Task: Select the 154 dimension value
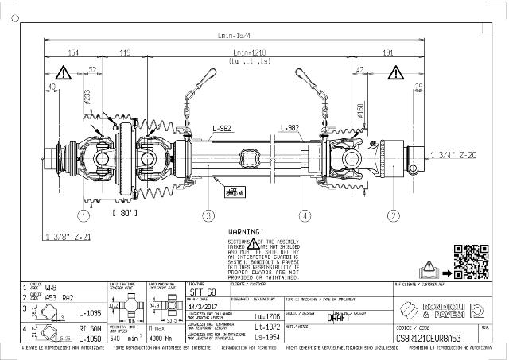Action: coord(73,52)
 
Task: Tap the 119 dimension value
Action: coord(125,52)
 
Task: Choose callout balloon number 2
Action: coord(393,215)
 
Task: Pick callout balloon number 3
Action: coord(208,215)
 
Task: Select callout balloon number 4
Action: coord(305,215)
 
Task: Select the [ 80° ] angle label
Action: coord(125,213)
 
